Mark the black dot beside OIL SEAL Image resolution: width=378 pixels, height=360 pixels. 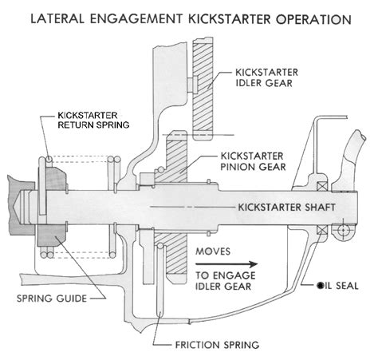321,284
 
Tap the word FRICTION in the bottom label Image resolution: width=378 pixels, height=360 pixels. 199,346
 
